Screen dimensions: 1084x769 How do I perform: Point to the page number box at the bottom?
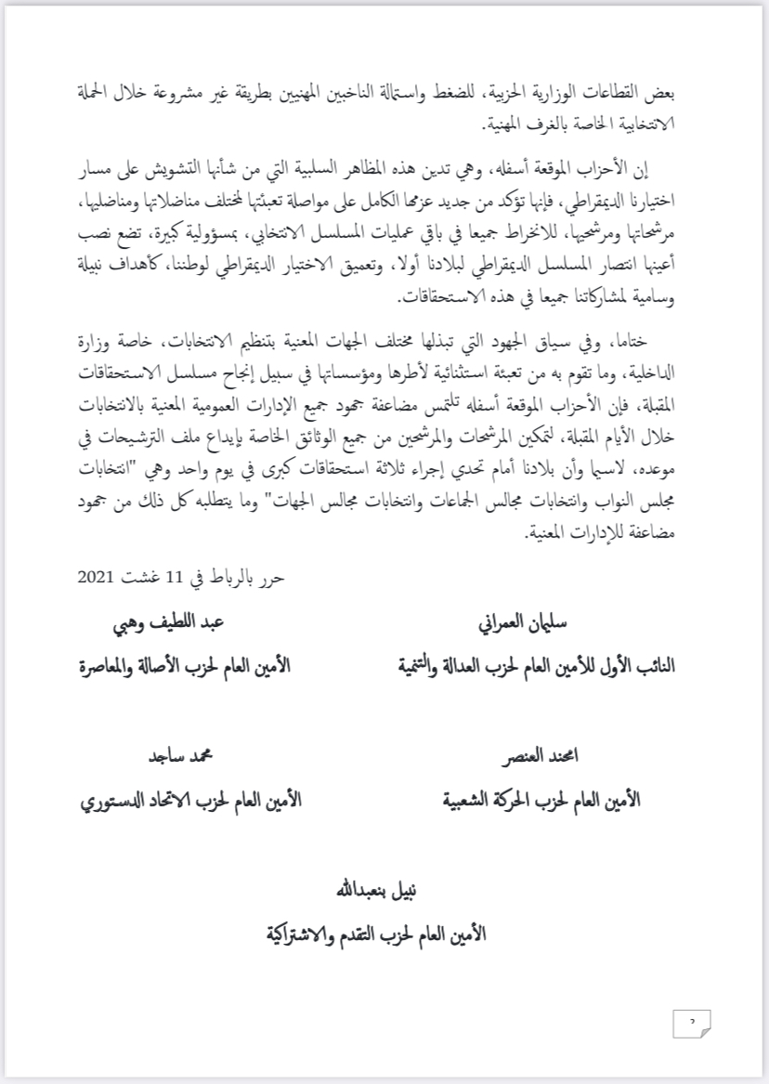pos(691,1024)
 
